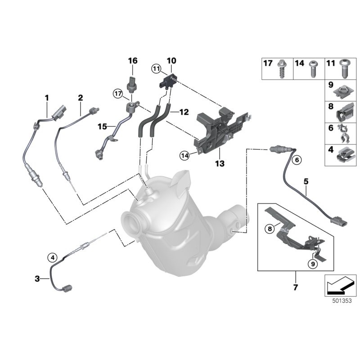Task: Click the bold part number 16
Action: point(132,61)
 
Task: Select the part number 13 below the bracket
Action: point(219,164)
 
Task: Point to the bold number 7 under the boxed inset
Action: point(296,287)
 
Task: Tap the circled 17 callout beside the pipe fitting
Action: point(118,94)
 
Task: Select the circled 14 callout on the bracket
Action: point(184,155)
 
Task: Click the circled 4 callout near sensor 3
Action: point(53,257)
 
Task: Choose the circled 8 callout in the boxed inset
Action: point(270,229)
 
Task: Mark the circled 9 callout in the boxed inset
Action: point(312,264)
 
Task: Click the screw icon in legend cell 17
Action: point(283,68)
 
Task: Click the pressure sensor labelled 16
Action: point(132,83)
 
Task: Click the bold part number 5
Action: point(306,182)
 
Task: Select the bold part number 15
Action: point(103,126)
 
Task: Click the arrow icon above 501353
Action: point(340,284)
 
